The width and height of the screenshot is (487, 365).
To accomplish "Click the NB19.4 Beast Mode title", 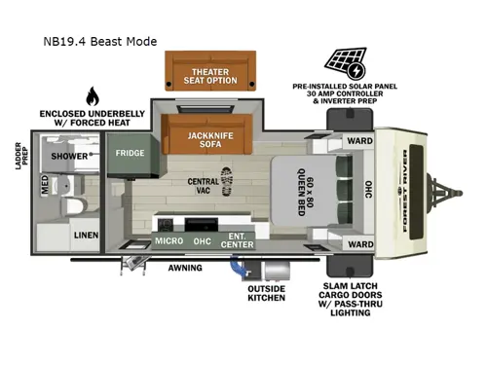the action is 99,43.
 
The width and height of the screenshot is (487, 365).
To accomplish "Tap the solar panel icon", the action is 348,63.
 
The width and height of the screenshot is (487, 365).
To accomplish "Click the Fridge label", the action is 130,154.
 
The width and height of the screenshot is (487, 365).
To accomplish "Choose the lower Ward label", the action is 359,244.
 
